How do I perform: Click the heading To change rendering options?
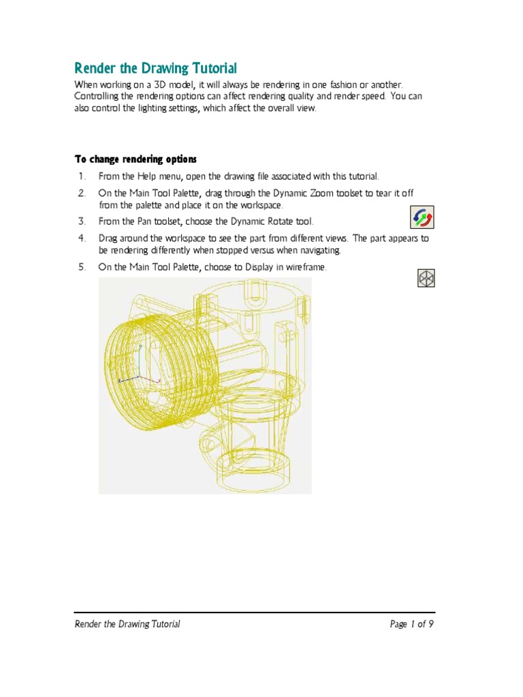click(x=135, y=159)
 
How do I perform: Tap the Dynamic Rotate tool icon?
click(x=422, y=218)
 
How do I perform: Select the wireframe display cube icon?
click(x=426, y=278)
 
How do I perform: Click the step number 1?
click(x=81, y=177)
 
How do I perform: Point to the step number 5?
click(x=81, y=268)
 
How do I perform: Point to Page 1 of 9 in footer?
click(x=411, y=624)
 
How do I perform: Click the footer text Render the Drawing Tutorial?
click(x=127, y=624)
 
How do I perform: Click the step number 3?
click(x=81, y=221)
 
